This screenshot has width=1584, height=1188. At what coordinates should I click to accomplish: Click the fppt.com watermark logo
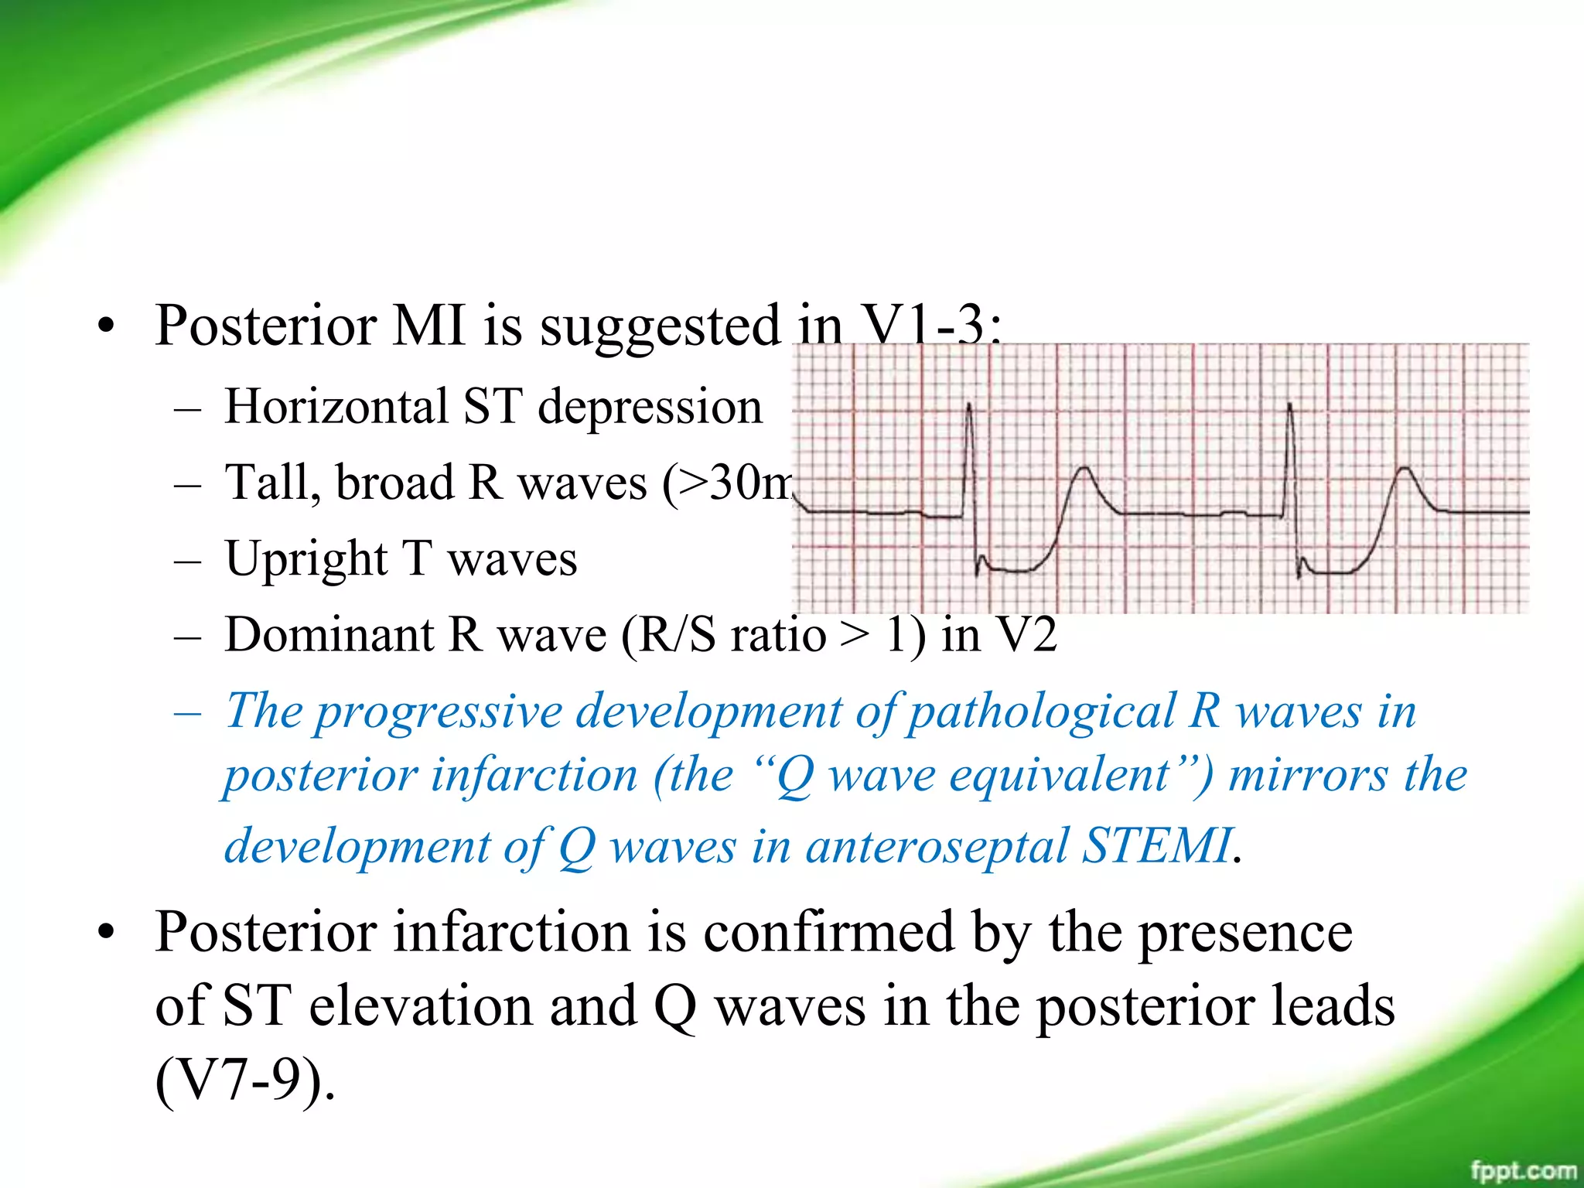(x=1522, y=1170)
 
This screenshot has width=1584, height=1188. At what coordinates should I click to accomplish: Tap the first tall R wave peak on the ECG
(x=969, y=405)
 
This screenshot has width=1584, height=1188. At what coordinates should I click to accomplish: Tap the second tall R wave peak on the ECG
(x=1289, y=405)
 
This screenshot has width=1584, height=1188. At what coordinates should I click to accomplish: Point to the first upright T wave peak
(x=1085, y=469)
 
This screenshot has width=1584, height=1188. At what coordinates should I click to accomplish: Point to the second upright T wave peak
(x=1405, y=469)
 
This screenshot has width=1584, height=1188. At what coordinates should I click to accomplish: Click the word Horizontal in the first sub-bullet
(x=336, y=407)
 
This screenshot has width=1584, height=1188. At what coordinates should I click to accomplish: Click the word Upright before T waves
(x=306, y=558)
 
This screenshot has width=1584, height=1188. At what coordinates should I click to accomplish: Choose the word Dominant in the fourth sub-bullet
(x=329, y=635)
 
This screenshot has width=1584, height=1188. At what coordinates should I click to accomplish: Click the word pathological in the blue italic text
(x=1040, y=711)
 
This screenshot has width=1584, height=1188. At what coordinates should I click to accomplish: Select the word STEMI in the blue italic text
(x=1156, y=845)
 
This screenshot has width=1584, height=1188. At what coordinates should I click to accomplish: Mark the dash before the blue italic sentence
(x=188, y=712)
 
